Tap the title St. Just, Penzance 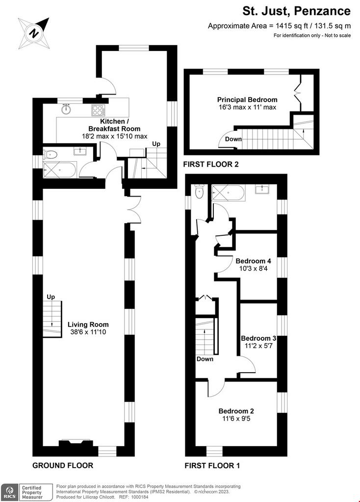click(296, 11)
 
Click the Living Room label click(88, 325)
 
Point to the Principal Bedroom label click(247, 100)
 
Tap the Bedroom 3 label click(258, 338)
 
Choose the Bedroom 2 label click(236, 411)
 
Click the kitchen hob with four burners click(98, 110)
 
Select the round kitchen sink click(66, 109)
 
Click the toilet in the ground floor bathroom click(51, 155)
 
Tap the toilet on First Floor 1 click(200, 192)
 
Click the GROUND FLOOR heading click(63, 465)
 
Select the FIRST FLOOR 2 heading click(211, 164)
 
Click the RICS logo click(9, 492)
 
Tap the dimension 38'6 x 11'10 click(88, 332)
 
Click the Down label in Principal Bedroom click(233, 139)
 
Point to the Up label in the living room click(51, 297)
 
